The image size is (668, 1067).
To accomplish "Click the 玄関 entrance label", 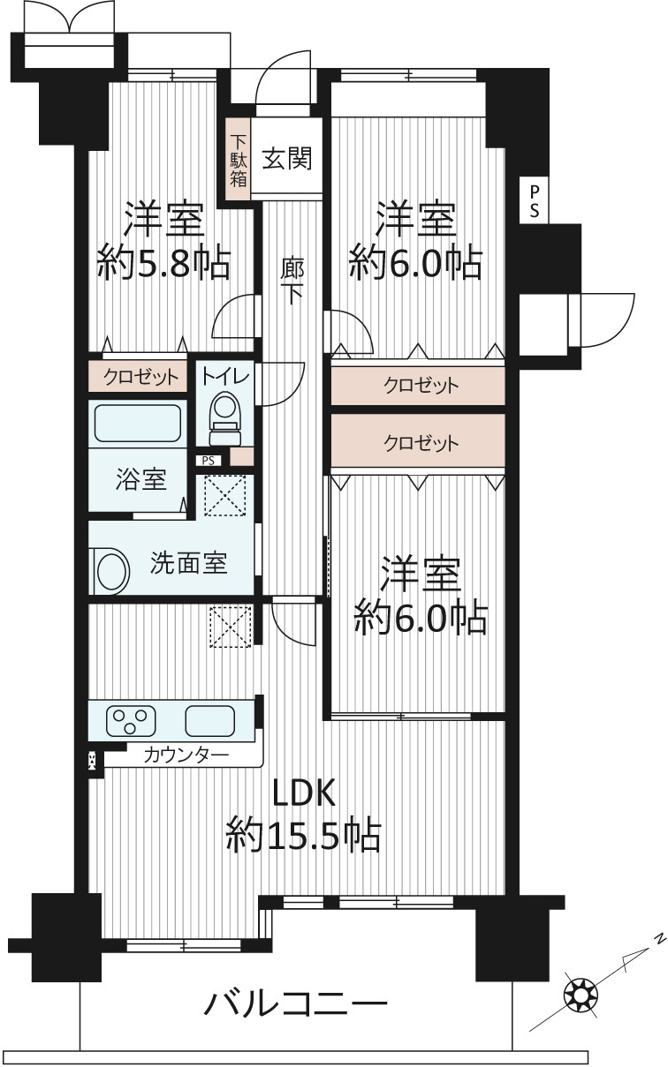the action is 287,158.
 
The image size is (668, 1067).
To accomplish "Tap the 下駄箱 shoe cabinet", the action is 239,159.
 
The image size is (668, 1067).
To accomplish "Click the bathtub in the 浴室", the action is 138,423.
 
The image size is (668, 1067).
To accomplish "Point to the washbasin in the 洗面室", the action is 110,571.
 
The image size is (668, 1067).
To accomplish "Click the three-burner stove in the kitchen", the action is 131,721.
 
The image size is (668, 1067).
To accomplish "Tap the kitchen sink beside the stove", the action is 209,721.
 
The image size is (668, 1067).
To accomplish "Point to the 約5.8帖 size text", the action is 164,262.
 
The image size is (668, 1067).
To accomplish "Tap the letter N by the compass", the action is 660,937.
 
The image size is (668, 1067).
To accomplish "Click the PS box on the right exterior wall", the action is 534,201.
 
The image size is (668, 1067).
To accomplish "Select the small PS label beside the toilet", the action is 208,461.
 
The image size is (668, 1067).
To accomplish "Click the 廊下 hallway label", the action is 292,281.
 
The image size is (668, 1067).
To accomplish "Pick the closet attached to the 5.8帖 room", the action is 138,376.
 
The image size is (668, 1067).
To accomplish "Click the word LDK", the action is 303,793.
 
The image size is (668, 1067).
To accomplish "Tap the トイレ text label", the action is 225,376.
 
